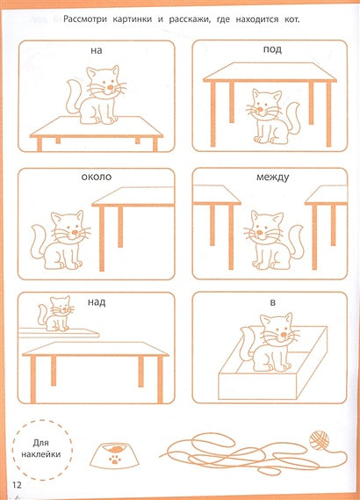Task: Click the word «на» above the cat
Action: point(97,51)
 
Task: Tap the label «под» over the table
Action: point(272,50)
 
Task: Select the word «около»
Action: point(97,177)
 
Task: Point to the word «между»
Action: point(273,178)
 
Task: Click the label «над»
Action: point(97,302)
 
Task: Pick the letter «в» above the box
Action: point(273,302)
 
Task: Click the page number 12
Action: point(17,485)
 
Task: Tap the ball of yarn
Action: point(319,440)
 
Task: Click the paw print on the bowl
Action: point(114,460)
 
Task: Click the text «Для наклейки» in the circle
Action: point(40,448)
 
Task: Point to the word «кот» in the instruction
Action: point(292,19)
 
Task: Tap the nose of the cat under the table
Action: point(260,109)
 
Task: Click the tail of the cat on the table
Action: point(75,96)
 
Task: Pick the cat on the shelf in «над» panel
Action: point(55,313)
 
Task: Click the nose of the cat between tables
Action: point(260,232)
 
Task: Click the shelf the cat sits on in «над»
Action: point(59,333)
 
